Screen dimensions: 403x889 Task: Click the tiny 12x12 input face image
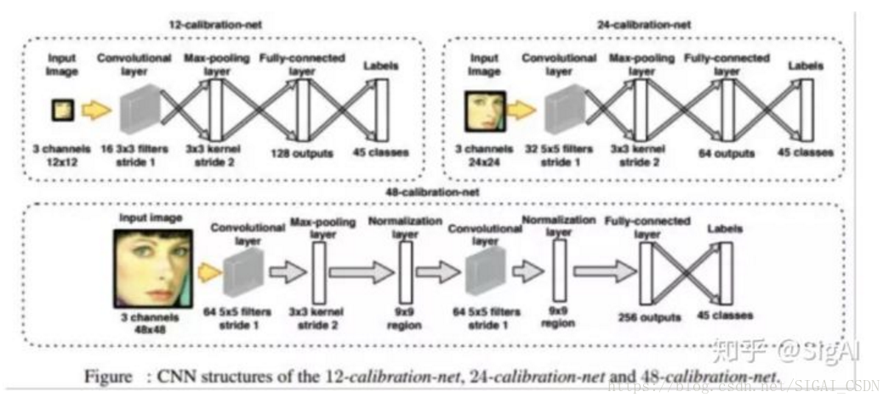pyautogui.click(x=62, y=109)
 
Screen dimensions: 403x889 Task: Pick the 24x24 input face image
pyautogui.click(x=484, y=111)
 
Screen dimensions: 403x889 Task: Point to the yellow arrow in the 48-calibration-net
pyautogui.click(x=207, y=270)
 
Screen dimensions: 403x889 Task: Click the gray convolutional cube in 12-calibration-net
pyautogui.click(x=136, y=111)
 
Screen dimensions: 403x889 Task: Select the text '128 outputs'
pyautogui.click(x=300, y=153)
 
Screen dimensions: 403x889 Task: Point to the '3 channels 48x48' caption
pyautogui.click(x=153, y=321)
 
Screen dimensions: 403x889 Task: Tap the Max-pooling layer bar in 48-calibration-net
pyautogui.click(x=320, y=271)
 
